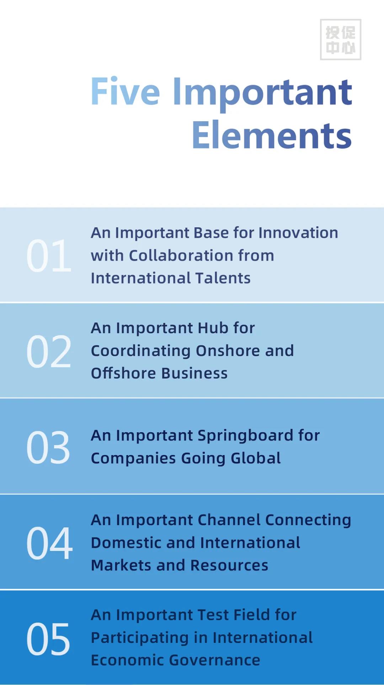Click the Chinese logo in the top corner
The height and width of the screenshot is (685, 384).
point(341,39)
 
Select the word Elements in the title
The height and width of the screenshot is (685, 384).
point(272,136)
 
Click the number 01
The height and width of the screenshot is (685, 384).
point(49,256)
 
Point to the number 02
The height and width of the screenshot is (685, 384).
point(49,351)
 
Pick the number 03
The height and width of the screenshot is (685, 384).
point(48,447)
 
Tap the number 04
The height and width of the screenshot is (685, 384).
point(49,543)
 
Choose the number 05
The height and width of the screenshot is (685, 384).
point(48,639)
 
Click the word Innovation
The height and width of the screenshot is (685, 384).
point(298,233)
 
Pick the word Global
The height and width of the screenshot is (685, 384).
point(256,458)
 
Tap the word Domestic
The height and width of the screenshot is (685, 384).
point(126,543)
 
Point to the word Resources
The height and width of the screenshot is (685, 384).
point(229,565)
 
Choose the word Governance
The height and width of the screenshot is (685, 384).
point(215,660)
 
